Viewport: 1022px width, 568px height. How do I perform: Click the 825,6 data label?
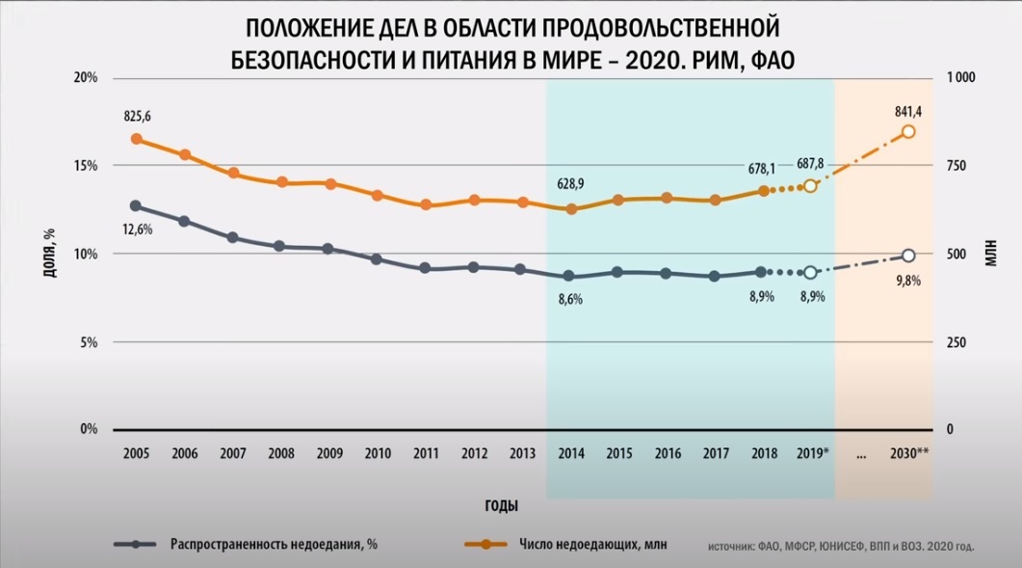point(137,117)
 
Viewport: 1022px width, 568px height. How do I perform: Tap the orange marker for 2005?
point(137,139)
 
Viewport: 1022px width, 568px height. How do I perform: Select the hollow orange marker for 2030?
point(907,132)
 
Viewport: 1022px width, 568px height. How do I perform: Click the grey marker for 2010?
point(377,259)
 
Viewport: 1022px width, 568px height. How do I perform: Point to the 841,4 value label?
point(907,111)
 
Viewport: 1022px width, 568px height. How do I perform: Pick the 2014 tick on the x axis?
point(570,452)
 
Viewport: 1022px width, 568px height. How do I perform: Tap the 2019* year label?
point(812,452)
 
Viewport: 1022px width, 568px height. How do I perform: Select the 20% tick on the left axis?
point(86,77)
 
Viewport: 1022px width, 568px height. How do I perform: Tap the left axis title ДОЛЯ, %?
point(47,254)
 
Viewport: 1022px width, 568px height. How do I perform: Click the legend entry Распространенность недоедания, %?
point(274,544)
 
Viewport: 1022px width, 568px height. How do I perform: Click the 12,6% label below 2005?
point(137,229)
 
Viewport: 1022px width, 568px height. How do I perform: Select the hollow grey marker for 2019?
point(811,273)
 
